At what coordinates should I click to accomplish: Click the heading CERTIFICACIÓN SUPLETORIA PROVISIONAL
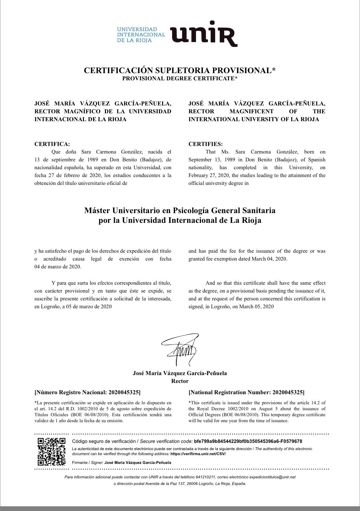[x=180, y=70]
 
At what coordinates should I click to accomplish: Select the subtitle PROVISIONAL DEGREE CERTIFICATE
[x=180, y=78]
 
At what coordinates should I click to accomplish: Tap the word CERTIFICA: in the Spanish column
[x=52, y=144]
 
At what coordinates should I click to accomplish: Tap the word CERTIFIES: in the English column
[x=205, y=144]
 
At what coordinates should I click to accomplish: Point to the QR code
[x=52, y=451]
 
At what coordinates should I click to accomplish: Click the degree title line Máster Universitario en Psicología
[x=180, y=210]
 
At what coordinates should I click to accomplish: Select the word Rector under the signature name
[x=180, y=381]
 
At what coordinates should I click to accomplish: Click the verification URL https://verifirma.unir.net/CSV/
[x=198, y=454]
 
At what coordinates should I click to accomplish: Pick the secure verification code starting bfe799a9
[x=248, y=441]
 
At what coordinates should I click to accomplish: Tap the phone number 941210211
[x=205, y=477]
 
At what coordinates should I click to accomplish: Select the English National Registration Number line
[x=246, y=392]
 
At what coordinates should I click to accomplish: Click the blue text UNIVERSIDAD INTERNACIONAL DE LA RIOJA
[x=141, y=35]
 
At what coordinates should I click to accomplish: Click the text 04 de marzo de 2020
[x=58, y=267]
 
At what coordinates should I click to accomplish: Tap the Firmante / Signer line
[x=122, y=462]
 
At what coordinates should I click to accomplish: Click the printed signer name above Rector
[x=180, y=373]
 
